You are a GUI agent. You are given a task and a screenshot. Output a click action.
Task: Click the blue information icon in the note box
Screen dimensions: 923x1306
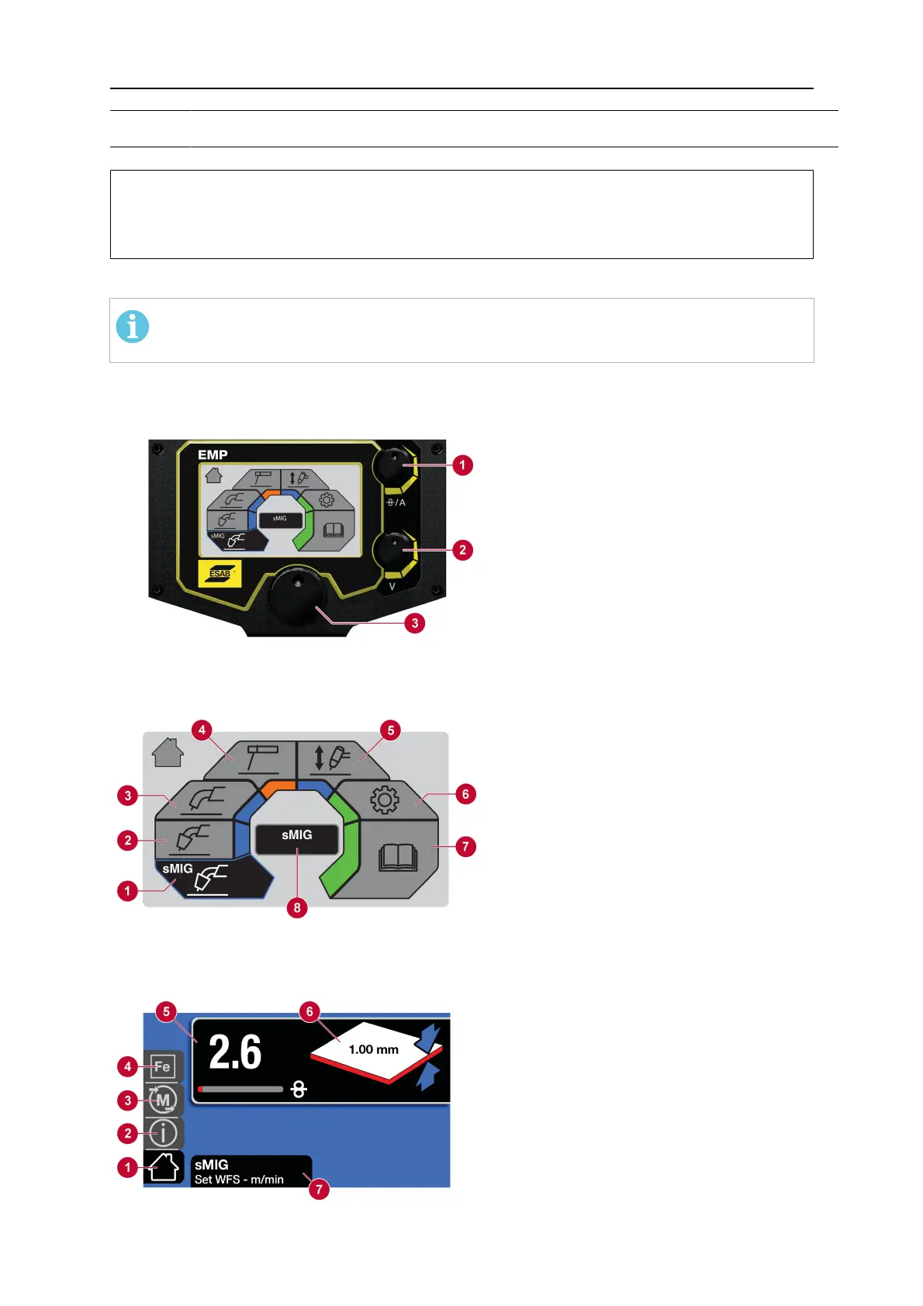click(133, 326)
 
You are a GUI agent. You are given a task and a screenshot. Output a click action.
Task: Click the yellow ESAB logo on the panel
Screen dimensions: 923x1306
click(220, 574)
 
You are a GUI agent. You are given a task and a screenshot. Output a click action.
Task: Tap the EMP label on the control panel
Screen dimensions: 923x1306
click(213, 455)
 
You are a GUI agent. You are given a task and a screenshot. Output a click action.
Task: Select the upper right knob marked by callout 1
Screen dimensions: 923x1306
click(393, 465)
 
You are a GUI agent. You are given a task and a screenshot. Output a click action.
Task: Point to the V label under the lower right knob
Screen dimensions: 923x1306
click(392, 586)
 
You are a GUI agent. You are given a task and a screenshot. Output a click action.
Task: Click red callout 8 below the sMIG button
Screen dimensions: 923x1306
click(297, 907)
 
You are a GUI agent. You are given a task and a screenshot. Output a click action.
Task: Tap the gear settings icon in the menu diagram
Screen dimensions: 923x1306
click(385, 800)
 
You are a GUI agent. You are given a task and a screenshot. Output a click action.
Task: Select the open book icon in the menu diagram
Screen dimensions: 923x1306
click(398, 859)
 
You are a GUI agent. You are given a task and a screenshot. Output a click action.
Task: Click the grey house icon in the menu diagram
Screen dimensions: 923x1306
click(168, 752)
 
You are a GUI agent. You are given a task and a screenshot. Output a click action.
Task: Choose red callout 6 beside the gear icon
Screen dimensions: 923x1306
click(465, 793)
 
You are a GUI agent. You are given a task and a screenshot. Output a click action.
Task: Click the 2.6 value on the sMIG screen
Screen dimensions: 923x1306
click(235, 1052)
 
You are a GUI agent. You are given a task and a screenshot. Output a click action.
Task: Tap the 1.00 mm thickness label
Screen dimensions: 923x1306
click(373, 1049)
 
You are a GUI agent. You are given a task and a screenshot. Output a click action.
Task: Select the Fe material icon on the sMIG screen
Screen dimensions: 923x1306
click(162, 1067)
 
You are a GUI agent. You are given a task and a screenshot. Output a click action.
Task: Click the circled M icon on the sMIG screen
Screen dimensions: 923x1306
click(162, 1100)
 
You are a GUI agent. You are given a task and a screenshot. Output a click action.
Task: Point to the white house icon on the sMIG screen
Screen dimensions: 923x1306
click(164, 1167)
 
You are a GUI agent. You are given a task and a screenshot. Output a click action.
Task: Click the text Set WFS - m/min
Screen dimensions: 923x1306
click(239, 1180)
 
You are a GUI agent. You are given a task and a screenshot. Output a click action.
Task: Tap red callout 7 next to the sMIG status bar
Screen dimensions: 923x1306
click(319, 1189)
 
